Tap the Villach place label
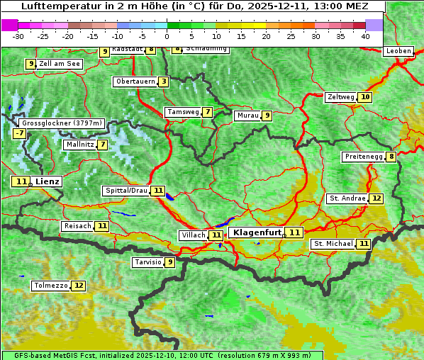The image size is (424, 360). pyautogui.click(x=193, y=235)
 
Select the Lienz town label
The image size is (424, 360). pyautogui.click(x=48, y=181)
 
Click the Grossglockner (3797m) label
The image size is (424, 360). pyautogui.click(x=62, y=123)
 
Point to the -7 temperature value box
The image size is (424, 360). pyautogui.click(x=19, y=133)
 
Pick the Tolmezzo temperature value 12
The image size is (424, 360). pyautogui.click(x=78, y=286)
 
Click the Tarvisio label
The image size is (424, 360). pyautogui.click(x=147, y=262)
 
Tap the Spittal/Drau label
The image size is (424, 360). pyautogui.click(x=126, y=191)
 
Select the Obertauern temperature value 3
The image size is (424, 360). pyautogui.click(x=164, y=81)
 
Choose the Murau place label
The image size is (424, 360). pyautogui.click(x=247, y=116)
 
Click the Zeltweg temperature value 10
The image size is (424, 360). pyautogui.click(x=365, y=97)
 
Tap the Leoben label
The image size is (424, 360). pyautogui.click(x=398, y=51)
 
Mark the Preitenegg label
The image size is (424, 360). pyautogui.click(x=363, y=157)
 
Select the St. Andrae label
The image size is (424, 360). pyautogui.click(x=347, y=198)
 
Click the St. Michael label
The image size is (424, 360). pyautogui.click(x=333, y=244)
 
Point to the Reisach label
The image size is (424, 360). pyautogui.click(x=77, y=226)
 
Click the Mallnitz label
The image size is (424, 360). pyautogui.click(x=79, y=145)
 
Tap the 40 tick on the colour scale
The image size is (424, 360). pyautogui.click(x=365, y=35)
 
